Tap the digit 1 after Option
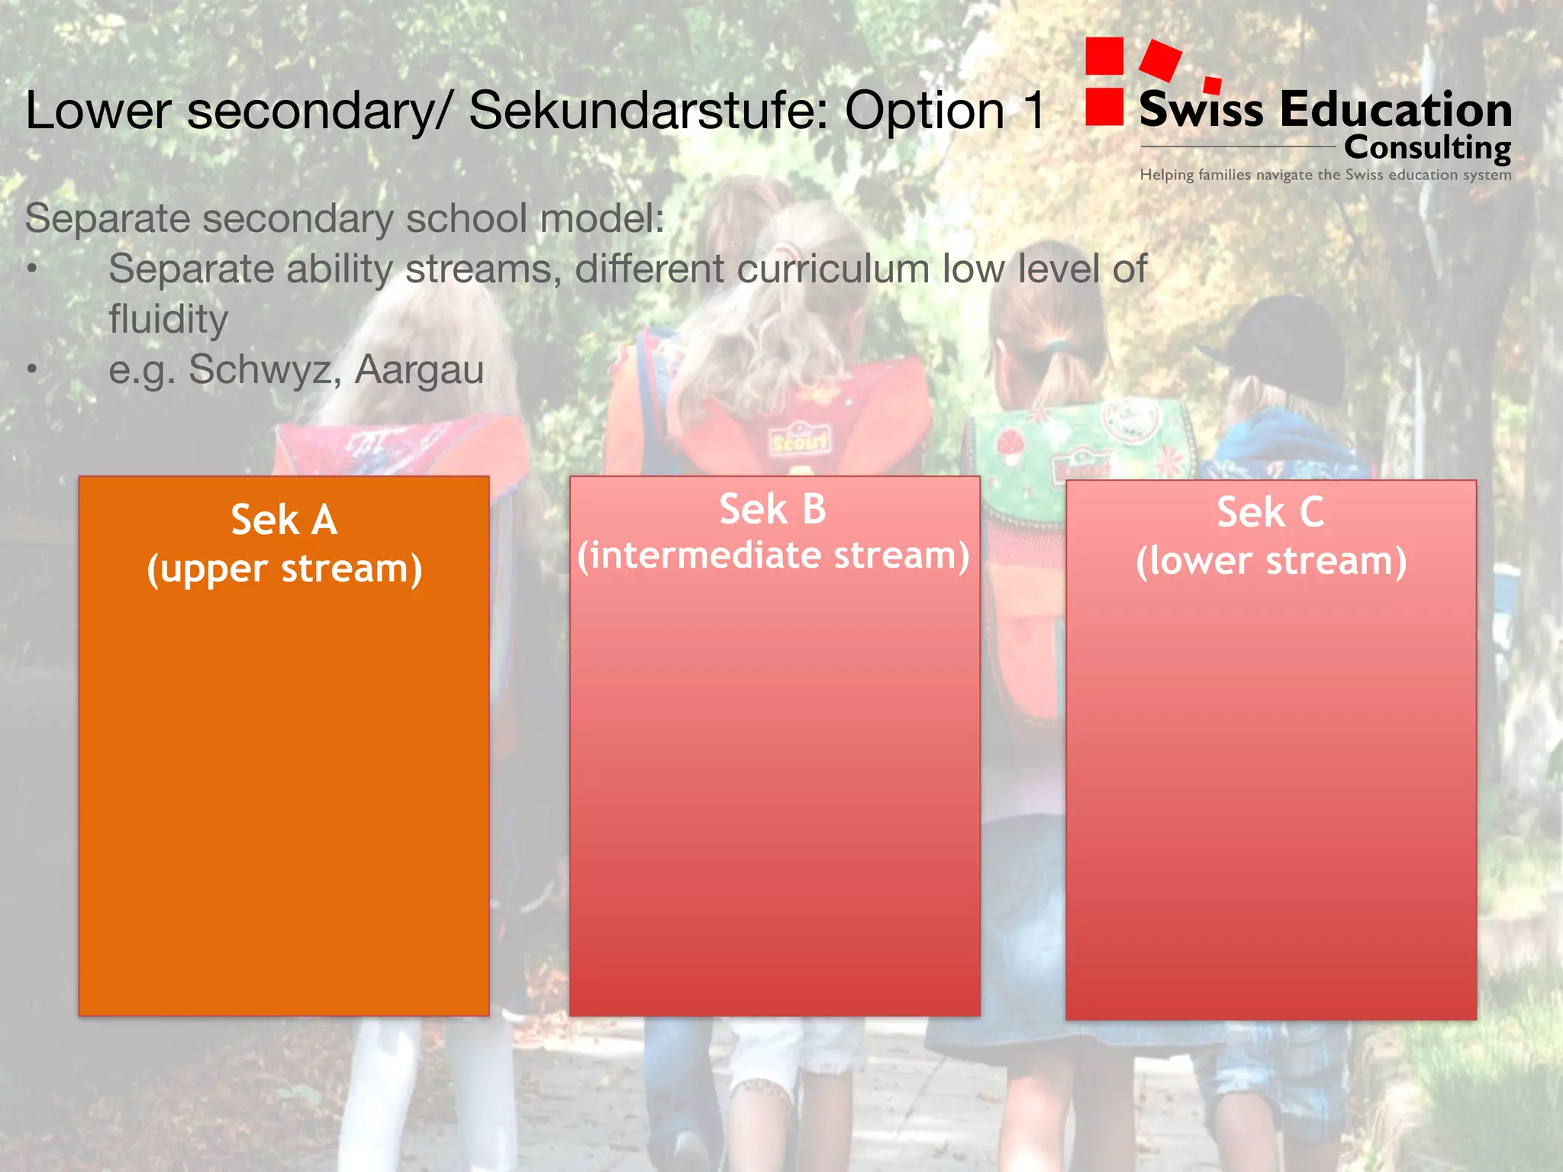[x=1034, y=111]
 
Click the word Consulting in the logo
[x=1427, y=147]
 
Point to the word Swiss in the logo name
[x=1201, y=109]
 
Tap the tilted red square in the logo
[x=1160, y=60]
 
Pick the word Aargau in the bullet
[x=419, y=370]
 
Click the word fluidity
[x=168, y=319]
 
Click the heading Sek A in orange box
[x=284, y=520]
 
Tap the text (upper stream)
[x=284, y=569]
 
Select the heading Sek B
[x=772, y=509]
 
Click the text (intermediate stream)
[x=773, y=555]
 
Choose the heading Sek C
[x=1270, y=512]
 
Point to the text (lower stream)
[x=1271, y=561]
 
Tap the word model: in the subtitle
[x=602, y=219]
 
